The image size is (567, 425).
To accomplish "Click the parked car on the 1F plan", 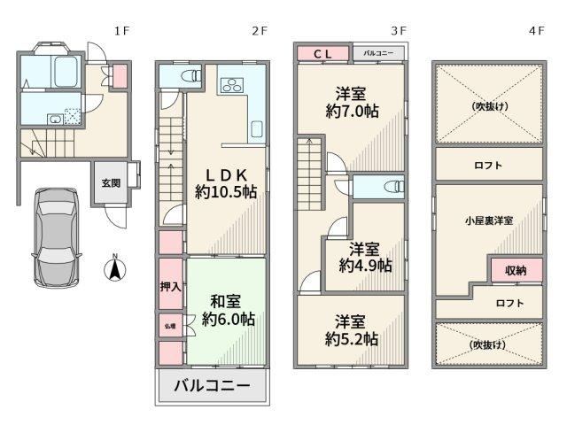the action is pos(57,237).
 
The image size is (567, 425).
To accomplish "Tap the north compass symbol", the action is pos(115,268).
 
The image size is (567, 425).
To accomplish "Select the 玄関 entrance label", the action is pos(111,183).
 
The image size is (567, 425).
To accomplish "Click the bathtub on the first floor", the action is pos(66,71).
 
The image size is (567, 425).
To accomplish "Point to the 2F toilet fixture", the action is pos(191,76).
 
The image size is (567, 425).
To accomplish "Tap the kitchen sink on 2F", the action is pos(256,129).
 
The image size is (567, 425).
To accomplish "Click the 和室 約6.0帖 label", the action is pos(229,311).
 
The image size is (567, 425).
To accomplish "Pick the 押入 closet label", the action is pos(170,287).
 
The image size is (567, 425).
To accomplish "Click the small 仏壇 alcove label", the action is pos(170,326).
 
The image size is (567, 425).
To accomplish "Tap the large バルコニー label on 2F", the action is pos(213,386).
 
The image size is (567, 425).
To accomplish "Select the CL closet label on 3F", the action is pos(322,54).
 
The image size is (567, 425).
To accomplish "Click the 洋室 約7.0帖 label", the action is pos(352,103).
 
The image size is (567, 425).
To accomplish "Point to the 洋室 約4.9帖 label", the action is pos(365,258).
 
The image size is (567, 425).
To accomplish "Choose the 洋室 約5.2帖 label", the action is pos(351,330).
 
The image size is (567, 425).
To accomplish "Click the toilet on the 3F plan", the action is pos(395,187).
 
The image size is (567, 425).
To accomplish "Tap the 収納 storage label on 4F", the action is pos(516,270).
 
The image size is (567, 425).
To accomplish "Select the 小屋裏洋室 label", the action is pos(489,220).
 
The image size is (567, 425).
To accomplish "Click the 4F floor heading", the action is pos(537,31).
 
